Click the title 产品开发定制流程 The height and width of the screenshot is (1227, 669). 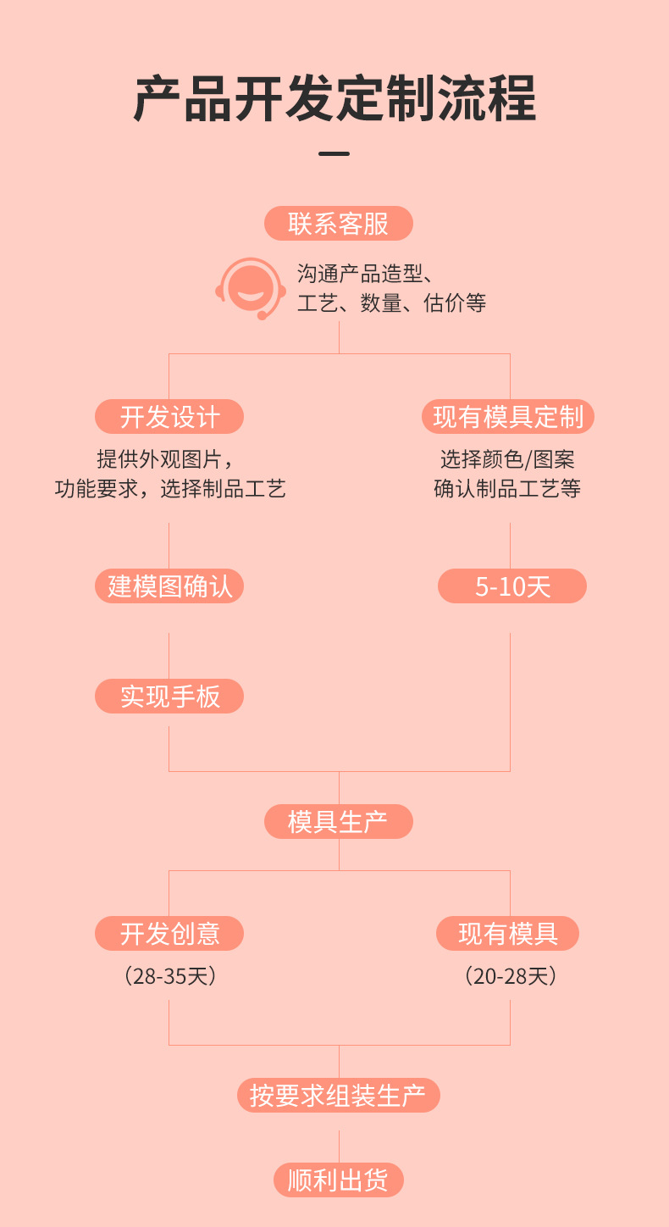point(334,100)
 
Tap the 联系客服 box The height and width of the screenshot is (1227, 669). point(338,224)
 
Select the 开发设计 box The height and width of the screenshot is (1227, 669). point(169,417)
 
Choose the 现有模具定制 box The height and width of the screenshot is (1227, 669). point(508,417)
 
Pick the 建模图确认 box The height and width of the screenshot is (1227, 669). point(169,586)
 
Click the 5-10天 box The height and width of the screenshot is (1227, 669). point(511,586)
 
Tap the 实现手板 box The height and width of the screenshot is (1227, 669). point(169,697)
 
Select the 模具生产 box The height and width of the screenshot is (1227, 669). point(338,822)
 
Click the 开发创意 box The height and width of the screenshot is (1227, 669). point(169,934)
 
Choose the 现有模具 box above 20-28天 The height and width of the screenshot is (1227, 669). point(507,934)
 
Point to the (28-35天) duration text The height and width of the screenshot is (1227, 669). point(170,976)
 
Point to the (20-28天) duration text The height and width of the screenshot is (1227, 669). point(511,976)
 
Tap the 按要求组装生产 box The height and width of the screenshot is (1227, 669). point(338,1096)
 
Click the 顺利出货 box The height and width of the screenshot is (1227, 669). point(338,1180)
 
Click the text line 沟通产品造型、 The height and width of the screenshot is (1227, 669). point(366,274)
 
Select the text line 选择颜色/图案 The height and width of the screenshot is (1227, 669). point(507,460)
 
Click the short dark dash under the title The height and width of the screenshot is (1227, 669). point(334,154)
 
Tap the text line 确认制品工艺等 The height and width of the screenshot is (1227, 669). point(507,489)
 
